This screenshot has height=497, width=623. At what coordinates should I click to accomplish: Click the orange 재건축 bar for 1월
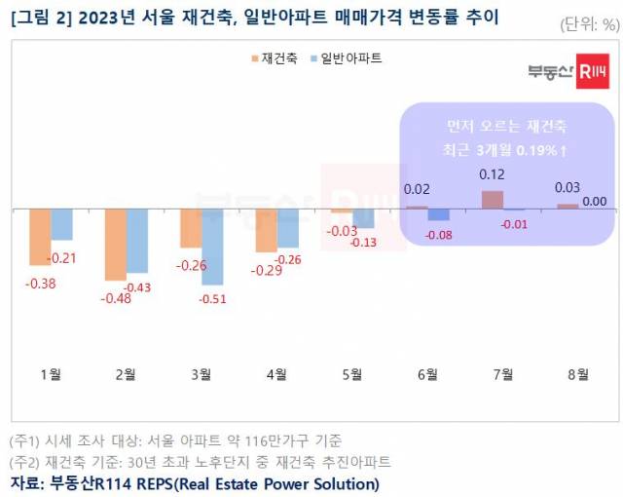point(40,237)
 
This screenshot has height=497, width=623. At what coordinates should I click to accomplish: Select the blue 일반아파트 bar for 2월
point(137,241)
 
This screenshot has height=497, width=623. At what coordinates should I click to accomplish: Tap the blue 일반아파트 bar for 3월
point(212,247)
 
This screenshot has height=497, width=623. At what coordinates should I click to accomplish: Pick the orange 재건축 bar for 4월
point(266,230)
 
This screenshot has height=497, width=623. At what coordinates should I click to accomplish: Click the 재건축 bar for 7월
point(493,200)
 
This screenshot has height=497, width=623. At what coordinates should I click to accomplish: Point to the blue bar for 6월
point(438,214)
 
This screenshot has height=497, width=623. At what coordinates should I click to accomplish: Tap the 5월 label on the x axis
point(352,374)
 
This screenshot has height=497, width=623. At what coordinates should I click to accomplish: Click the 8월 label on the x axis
point(576,374)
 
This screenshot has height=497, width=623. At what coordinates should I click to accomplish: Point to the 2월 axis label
point(127,374)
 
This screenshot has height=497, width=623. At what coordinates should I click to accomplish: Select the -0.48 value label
point(117,298)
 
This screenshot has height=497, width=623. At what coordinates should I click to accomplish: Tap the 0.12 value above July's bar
point(493,174)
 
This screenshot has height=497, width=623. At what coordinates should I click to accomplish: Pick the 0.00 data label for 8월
point(593,202)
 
